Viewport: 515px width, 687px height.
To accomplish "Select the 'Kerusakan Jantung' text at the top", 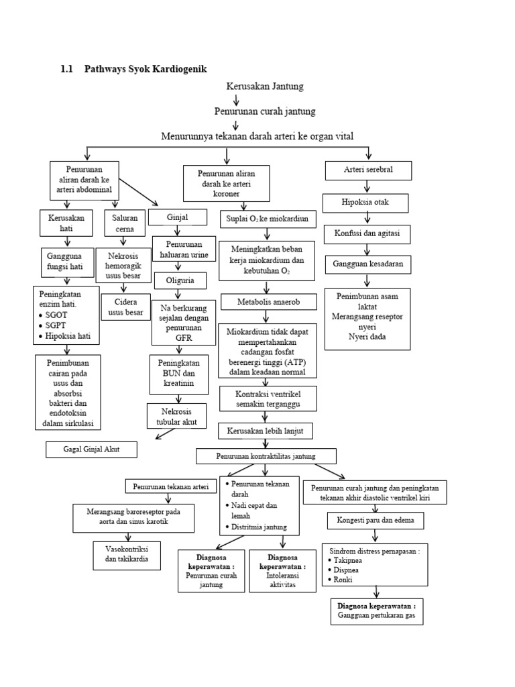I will [x=266, y=87].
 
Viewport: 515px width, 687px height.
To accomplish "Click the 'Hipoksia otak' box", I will [x=366, y=202].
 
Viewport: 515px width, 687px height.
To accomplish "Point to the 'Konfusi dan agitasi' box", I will [x=367, y=234].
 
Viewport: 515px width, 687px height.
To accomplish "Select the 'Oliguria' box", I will [x=178, y=280].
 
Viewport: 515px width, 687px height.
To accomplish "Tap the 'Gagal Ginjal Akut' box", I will [x=91, y=449].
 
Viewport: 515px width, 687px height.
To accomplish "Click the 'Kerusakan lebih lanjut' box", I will [x=266, y=430].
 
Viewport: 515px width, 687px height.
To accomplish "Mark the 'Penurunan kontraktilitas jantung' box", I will [x=266, y=456].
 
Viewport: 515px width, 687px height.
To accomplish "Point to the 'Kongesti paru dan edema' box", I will [x=376, y=520].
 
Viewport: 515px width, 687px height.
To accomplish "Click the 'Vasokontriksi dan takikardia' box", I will [x=127, y=554].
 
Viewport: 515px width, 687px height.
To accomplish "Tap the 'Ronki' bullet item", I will [x=341, y=580].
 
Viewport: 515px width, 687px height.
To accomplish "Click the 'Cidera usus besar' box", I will [x=124, y=307].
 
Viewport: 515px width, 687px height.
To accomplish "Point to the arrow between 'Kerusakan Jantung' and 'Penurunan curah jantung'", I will [x=235, y=99].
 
